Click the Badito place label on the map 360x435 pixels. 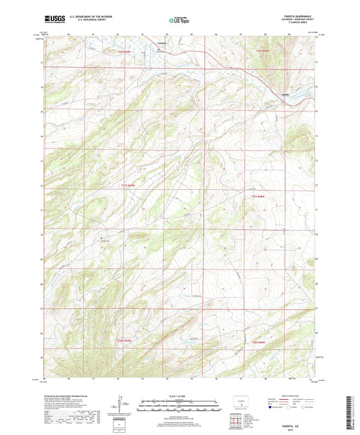pyautogui.click(x=286, y=95)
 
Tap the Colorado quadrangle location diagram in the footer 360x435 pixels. pyautogui.click(x=240, y=399)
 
